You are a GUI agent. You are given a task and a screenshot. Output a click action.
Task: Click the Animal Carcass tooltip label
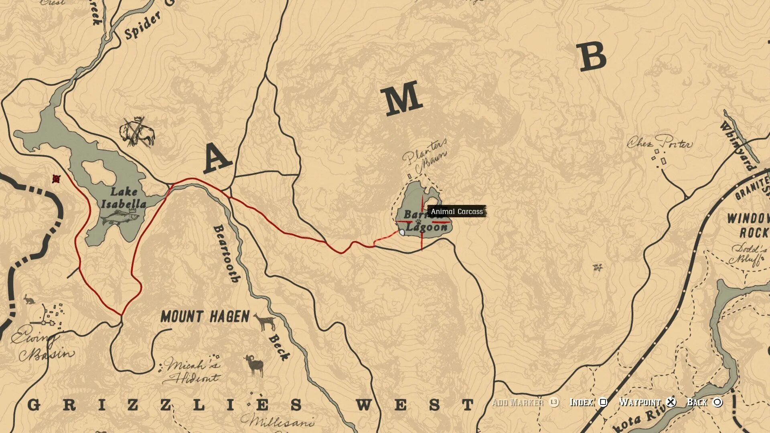click(457, 211)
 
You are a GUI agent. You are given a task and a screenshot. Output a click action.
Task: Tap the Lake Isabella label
click(123, 198)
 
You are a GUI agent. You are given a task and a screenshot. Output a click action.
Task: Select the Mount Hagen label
click(205, 317)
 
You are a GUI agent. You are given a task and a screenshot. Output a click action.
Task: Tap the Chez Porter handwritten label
click(660, 143)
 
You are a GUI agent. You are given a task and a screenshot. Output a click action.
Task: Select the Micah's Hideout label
click(192, 371)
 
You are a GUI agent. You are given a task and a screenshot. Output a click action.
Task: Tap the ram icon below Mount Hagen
click(254, 364)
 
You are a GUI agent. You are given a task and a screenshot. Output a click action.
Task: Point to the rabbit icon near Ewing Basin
click(28, 299)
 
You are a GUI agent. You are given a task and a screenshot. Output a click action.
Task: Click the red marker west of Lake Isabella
click(57, 179)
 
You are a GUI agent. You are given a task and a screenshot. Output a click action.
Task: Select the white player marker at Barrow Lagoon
click(402, 233)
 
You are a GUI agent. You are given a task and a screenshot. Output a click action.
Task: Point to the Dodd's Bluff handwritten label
click(748, 255)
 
